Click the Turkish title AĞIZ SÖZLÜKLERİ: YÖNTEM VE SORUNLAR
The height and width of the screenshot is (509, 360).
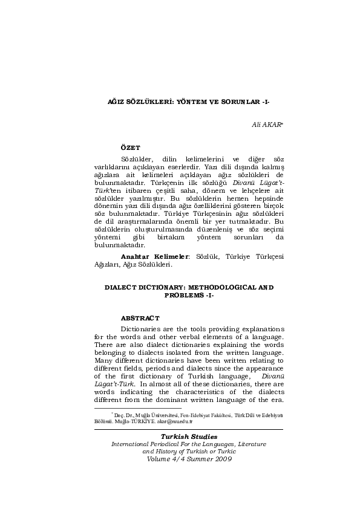point(180,103)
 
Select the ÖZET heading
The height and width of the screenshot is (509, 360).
point(130,148)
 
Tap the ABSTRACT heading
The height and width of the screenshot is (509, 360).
point(140,317)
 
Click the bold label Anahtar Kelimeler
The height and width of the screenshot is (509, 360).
point(154,256)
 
